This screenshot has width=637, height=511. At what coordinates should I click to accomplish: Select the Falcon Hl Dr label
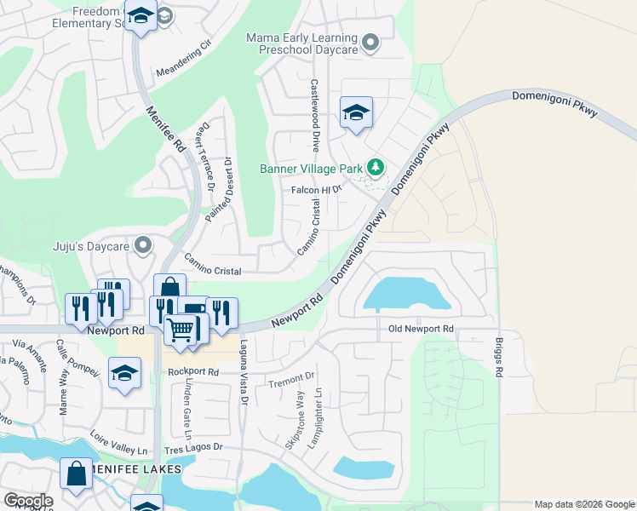tap(317, 190)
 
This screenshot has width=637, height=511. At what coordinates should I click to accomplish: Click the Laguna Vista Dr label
tap(244, 372)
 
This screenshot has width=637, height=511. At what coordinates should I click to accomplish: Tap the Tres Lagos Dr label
tap(195, 446)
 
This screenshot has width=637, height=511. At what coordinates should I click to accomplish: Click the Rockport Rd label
tap(193, 372)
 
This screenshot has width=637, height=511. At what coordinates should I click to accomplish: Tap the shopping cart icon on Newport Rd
tap(181, 328)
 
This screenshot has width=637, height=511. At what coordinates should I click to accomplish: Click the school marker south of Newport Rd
tap(125, 372)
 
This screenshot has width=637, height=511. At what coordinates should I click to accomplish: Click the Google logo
tap(28, 501)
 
